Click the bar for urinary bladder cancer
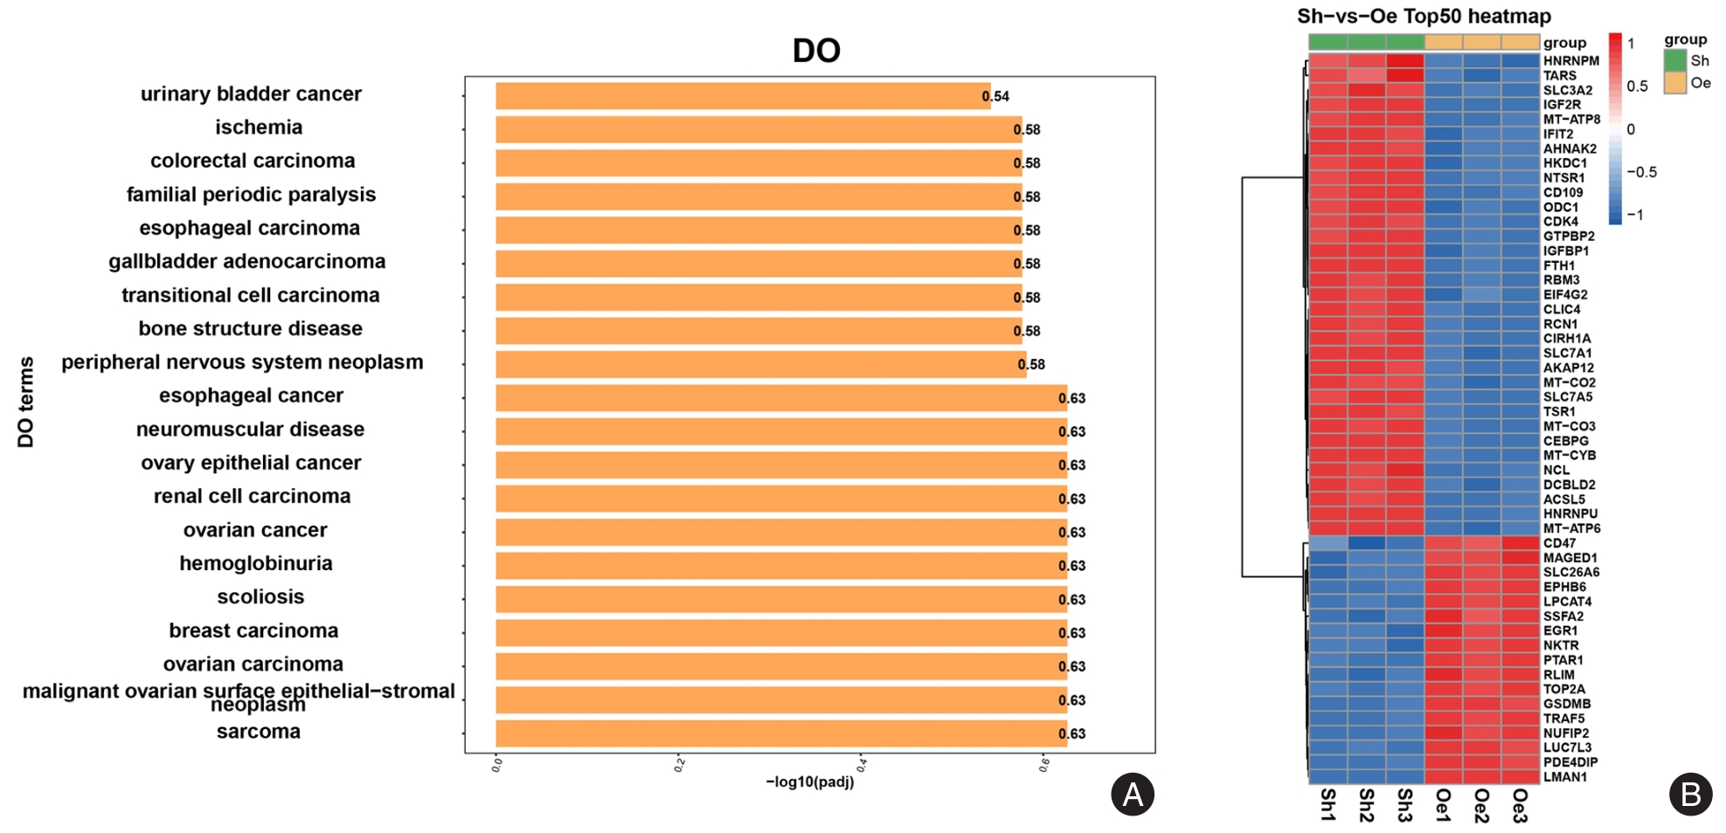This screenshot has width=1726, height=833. click(x=743, y=96)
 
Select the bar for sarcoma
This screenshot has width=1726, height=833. click(x=780, y=733)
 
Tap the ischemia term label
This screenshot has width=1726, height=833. click(x=259, y=127)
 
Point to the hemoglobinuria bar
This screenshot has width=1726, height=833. click(x=780, y=566)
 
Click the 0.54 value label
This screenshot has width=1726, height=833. click(x=995, y=97)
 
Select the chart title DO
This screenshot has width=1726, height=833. click(x=816, y=51)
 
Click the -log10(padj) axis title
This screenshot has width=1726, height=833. click(x=810, y=782)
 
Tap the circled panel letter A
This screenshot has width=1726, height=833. click(x=1132, y=795)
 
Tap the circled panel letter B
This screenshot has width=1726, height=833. click(x=1690, y=795)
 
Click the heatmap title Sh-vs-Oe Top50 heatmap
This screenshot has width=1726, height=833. click(x=1424, y=17)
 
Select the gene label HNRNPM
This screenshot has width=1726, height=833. click(x=1570, y=61)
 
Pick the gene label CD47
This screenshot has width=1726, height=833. click(x=1559, y=543)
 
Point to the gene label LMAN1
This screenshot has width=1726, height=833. click(x=1564, y=777)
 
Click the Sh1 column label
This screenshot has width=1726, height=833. click(x=1327, y=804)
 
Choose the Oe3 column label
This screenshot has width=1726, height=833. click(x=1520, y=804)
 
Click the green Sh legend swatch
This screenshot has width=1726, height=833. click(x=1674, y=61)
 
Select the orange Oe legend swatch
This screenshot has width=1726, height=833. click(x=1674, y=83)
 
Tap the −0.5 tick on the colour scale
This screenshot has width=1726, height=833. click(x=1642, y=173)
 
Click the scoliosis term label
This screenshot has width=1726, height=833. click(x=260, y=597)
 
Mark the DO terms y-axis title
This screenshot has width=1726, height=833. click(x=26, y=402)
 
